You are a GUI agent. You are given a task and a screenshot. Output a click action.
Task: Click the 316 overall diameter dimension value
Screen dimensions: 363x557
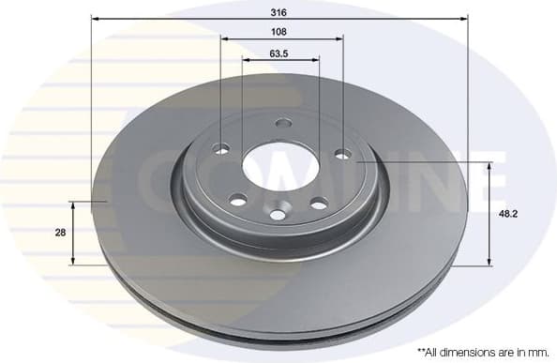278,14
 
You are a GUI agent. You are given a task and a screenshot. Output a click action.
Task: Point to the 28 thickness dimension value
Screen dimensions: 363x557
60,233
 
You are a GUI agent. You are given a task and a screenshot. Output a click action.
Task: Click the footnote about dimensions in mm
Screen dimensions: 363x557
482,352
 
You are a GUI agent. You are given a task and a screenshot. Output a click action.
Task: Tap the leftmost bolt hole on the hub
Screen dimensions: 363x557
222,148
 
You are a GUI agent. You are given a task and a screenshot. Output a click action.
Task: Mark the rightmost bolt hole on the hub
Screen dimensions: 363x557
342,153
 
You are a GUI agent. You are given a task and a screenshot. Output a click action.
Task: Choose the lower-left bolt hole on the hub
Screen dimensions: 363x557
238,199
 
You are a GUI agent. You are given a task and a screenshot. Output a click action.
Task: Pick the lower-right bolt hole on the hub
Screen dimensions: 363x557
318,203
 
